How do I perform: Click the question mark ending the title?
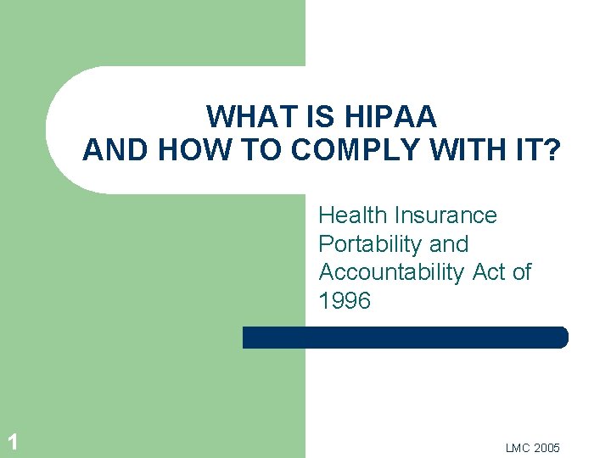click(552, 150)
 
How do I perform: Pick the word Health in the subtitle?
click(350, 215)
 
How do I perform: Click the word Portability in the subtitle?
click(371, 244)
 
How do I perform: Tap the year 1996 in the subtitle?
click(345, 301)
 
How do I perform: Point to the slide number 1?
click(12, 442)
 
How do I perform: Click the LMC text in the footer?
click(516, 448)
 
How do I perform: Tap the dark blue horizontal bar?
click(405, 338)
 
